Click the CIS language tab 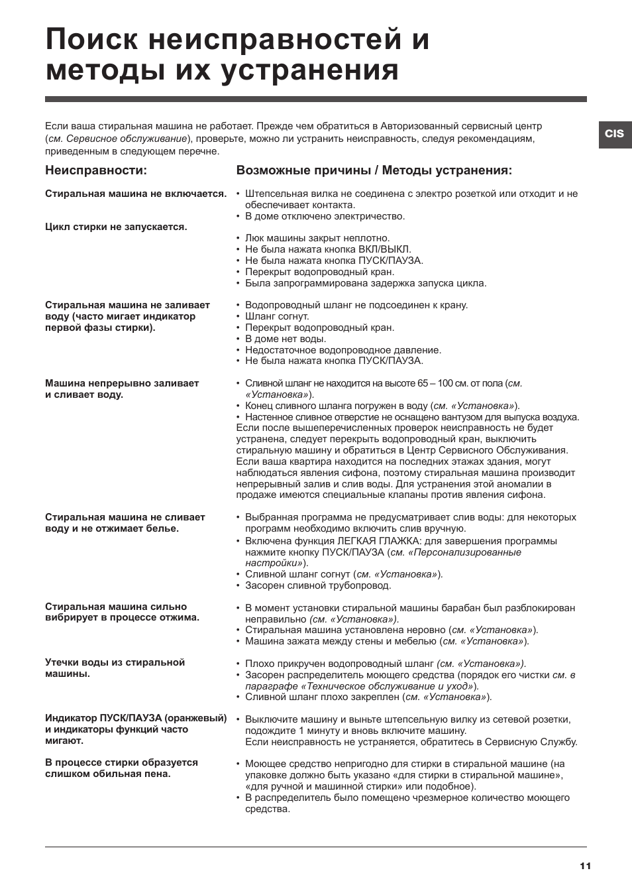point(614,133)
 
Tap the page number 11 point(585,866)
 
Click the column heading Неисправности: point(96,170)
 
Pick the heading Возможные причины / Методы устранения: point(374,170)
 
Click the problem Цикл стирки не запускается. point(116,227)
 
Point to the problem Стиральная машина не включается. point(136,194)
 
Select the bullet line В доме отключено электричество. point(325,216)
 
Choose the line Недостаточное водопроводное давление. point(343,350)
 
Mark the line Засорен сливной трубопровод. point(318,585)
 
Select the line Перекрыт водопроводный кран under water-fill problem point(319,328)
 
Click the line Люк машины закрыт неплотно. point(317,238)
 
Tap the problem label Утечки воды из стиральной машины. point(115,668)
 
